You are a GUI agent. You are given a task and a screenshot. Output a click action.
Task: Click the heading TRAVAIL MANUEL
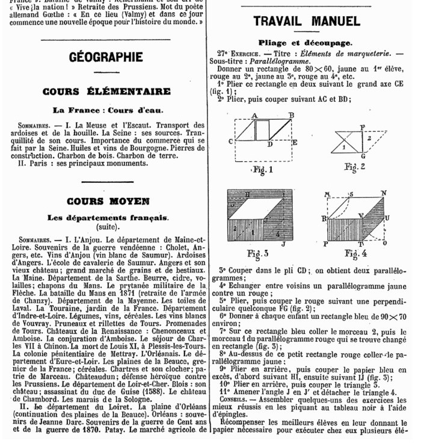tap(307, 21)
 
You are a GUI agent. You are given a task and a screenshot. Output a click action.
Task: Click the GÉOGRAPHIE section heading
tap(106, 58)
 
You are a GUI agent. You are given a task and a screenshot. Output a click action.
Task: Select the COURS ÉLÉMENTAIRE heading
tap(106, 91)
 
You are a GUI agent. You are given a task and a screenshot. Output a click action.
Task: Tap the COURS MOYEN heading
tap(108, 201)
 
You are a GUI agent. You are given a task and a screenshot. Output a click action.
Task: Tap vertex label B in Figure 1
tap(291, 115)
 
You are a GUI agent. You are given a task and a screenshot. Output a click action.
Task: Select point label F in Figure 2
tap(362, 127)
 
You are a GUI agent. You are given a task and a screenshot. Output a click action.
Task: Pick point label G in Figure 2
tap(362, 156)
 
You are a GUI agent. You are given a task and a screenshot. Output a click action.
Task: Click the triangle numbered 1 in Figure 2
tap(343, 146)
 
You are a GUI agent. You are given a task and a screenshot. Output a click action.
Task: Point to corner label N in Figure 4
tap(384, 193)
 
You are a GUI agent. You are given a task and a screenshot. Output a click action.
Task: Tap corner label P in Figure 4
tap(325, 244)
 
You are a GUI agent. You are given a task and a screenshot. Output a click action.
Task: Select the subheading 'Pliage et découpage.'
tap(305, 43)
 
